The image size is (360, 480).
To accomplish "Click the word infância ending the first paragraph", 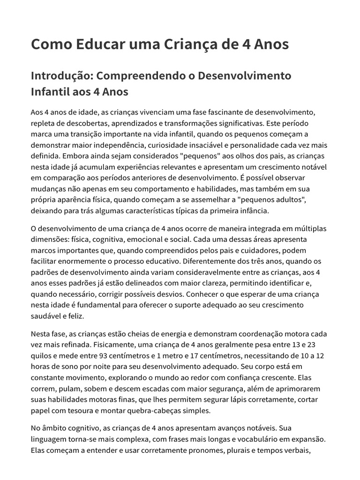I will click(253, 211).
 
